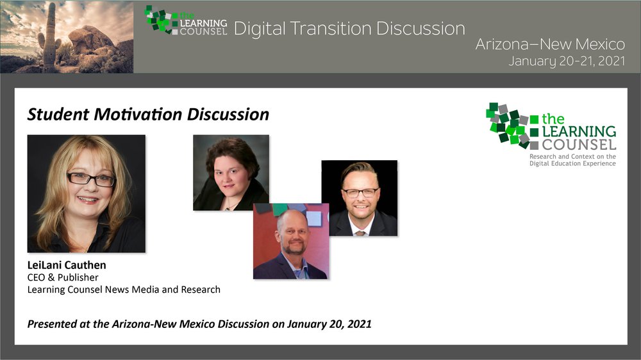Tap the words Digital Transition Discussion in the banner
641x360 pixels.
pyautogui.click(x=349, y=29)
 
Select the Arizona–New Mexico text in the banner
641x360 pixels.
pyautogui.click(x=550, y=44)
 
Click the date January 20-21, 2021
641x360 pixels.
pyautogui.click(x=567, y=61)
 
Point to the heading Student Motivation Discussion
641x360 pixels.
pyautogui.click(x=148, y=115)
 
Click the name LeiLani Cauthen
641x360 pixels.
pyautogui.click(x=67, y=265)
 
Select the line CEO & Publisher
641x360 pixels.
pyautogui.click(x=63, y=277)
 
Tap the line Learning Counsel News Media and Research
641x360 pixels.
pyautogui.click(x=124, y=290)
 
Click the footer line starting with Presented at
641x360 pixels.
pyautogui.click(x=199, y=324)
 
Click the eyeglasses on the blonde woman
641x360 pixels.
pyautogui.click(x=91, y=179)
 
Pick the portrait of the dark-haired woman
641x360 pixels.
pyautogui.click(x=231, y=172)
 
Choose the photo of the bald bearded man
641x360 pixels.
pyautogui.click(x=290, y=241)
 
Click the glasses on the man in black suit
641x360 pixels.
pyautogui.click(x=360, y=192)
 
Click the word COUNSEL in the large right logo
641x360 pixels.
pyautogui.click(x=579, y=145)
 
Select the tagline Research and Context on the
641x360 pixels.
pyautogui.click(x=572, y=156)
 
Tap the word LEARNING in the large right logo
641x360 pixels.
pyautogui.click(x=579, y=131)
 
